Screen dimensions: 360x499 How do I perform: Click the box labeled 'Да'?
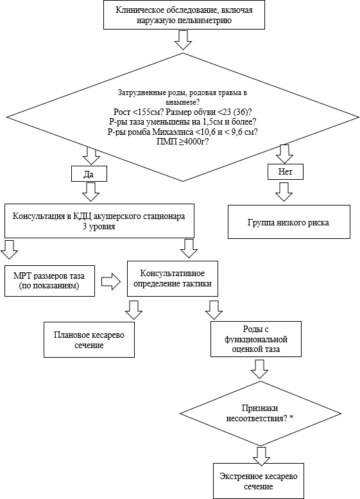click(89, 174)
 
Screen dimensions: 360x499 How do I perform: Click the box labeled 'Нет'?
click(286, 172)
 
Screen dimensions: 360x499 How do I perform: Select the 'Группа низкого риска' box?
click(289, 222)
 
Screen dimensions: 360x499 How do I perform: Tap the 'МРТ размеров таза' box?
click(49, 281)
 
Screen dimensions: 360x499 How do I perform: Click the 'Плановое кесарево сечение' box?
click(89, 340)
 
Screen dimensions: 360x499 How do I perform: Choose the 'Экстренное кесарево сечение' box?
click(259, 481)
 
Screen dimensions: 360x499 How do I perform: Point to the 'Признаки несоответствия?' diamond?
click(260, 414)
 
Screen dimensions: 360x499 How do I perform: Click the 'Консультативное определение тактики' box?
click(173, 279)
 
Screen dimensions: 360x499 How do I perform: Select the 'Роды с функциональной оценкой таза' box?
click(255, 339)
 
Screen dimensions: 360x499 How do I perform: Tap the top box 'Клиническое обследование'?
click(184, 15)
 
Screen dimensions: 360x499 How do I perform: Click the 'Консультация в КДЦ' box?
click(99, 221)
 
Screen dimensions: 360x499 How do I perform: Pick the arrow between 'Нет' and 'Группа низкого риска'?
click(284, 191)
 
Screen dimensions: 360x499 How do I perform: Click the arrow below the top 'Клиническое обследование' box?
click(183, 40)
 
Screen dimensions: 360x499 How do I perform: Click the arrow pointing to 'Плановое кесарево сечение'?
click(133, 310)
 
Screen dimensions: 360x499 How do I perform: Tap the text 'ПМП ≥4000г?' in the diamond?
click(182, 142)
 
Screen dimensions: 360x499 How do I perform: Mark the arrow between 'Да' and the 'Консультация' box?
click(90, 192)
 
